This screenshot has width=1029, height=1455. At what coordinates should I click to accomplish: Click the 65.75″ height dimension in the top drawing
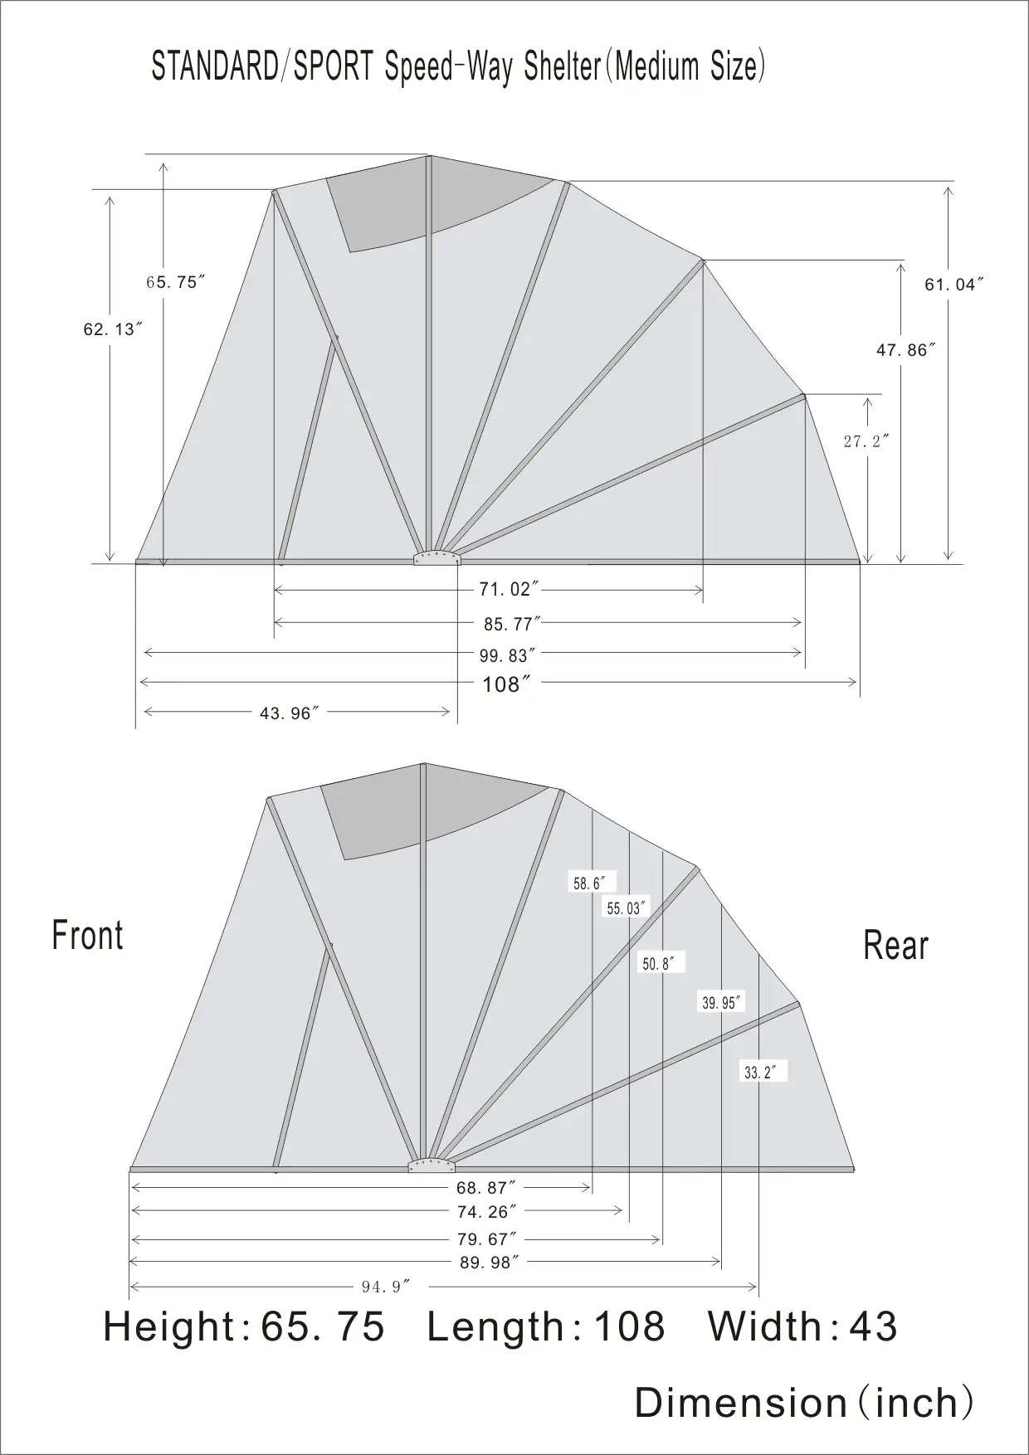(175, 282)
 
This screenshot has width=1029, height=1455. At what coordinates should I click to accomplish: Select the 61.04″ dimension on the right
(954, 285)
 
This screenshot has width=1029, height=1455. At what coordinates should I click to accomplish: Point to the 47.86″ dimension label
(906, 350)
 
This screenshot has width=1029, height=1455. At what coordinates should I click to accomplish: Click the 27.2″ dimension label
(866, 441)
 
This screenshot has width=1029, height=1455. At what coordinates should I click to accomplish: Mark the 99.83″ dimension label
(507, 655)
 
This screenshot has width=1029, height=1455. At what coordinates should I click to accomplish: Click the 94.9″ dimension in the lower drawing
(386, 1287)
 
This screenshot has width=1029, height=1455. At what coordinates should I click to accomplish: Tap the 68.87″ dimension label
(486, 1188)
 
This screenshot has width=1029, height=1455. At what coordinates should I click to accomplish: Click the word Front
(87, 935)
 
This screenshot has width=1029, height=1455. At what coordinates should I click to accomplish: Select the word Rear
(895, 945)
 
